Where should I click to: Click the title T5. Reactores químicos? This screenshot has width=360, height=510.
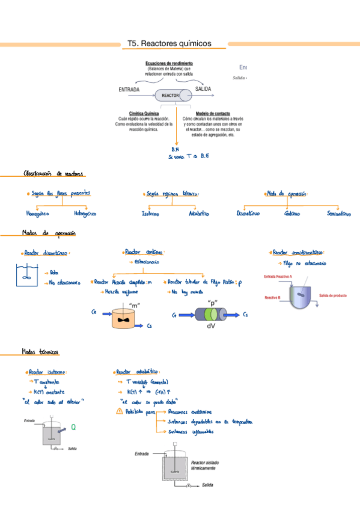pos(169,44)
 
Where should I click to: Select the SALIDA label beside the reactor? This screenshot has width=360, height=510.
pos(203,89)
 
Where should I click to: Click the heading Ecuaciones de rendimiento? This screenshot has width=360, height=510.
pos(169,63)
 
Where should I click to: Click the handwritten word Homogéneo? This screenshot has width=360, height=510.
pos(38,214)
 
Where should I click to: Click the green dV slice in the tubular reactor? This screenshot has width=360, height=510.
pos(212,315)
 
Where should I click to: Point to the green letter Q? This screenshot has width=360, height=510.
pos(73,428)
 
